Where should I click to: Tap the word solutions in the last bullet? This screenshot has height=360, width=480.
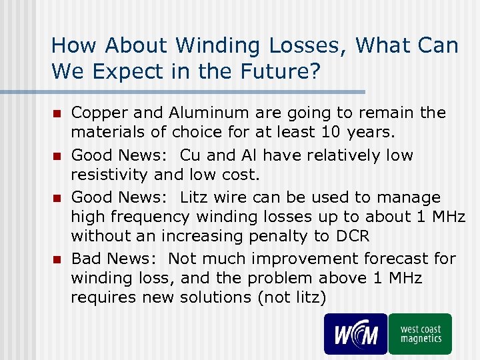[x=219, y=297]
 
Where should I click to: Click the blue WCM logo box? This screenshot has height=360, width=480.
[x=355, y=333]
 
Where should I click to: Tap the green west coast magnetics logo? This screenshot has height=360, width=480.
[x=420, y=333]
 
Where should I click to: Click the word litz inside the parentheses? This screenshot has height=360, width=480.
[x=308, y=297]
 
